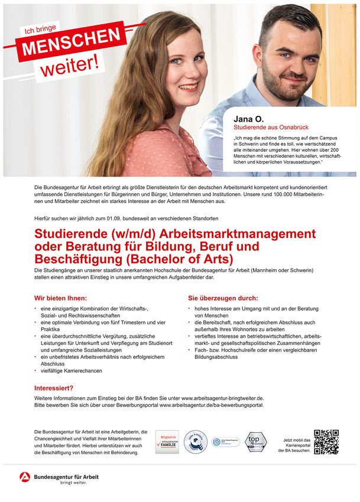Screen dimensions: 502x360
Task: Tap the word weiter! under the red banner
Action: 69,64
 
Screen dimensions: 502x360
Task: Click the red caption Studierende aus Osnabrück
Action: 271,127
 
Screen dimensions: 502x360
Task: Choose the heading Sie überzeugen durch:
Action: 223,298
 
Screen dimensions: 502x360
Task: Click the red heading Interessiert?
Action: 54,388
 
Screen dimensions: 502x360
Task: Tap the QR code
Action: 326,442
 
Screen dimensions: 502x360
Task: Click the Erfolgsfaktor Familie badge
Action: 167,442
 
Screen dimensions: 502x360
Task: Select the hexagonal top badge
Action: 256,442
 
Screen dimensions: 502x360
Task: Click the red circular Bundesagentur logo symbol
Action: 25,477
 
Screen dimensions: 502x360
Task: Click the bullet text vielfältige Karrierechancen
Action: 72,371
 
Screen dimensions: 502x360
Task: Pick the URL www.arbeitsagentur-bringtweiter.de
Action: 222,399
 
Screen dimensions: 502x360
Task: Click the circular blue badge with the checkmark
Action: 194,442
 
